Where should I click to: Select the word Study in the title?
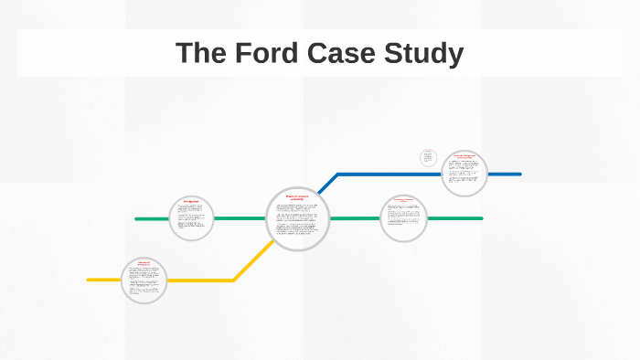[x=427, y=53]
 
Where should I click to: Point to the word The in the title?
[x=199, y=53]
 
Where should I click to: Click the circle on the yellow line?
[x=144, y=280]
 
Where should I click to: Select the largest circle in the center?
[x=298, y=219]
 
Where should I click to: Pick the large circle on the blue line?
[x=464, y=174]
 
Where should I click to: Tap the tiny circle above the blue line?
[x=428, y=158]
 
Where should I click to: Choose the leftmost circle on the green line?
[x=191, y=218]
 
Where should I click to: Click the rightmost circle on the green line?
[x=403, y=219]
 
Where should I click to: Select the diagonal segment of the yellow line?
[x=251, y=261]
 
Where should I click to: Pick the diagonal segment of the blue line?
[x=328, y=183]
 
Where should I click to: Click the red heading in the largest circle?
[x=298, y=197]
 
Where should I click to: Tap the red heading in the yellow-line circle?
[x=144, y=264]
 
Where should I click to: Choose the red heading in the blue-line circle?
[x=464, y=158]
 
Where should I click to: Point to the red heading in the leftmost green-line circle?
[x=191, y=202]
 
